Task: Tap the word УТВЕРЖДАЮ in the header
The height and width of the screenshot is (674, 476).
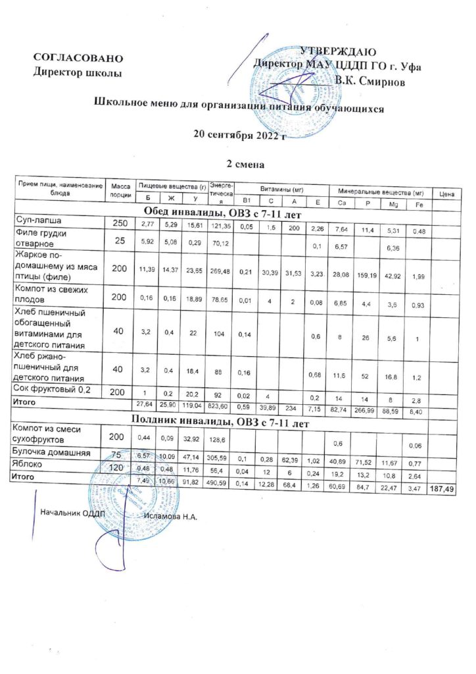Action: [x=338, y=52]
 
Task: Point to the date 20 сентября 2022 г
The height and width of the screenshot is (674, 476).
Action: [x=239, y=136]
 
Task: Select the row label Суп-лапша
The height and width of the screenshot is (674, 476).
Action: [x=38, y=220]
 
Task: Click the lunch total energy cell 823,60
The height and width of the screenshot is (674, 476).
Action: [x=219, y=402]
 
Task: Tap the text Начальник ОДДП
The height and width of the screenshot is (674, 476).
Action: [x=68, y=511]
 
